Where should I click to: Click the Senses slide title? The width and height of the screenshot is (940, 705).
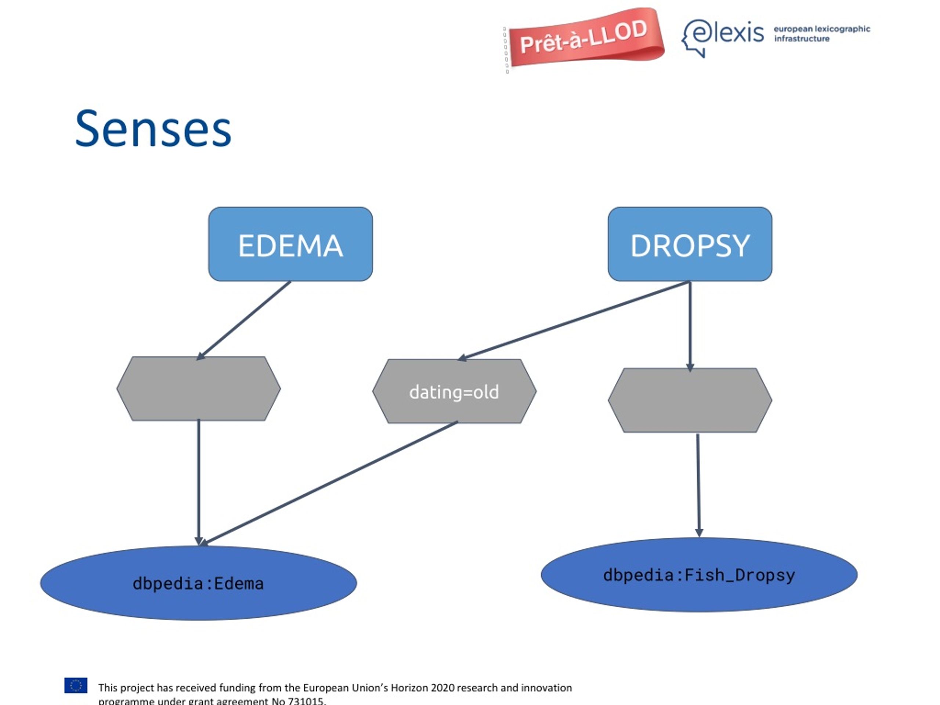point(153,129)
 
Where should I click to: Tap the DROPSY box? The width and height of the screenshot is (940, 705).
point(690,244)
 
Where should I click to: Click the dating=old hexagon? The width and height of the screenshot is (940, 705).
point(454,391)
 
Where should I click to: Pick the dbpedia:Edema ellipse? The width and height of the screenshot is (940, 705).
point(198,583)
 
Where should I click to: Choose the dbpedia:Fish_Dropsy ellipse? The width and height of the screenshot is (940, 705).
point(699,575)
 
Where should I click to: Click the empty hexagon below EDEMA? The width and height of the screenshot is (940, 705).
point(198,389)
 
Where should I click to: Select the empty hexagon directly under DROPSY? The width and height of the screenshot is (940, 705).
point(690,400)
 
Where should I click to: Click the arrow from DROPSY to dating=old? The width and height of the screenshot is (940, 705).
point(573,321)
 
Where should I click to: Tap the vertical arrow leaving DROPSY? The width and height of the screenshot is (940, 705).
point(690,326)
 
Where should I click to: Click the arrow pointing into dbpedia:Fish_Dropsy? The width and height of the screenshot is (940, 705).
point(698,485)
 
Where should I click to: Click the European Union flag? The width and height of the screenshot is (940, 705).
point(76,686)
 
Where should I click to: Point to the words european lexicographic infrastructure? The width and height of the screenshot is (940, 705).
point(822,33)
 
